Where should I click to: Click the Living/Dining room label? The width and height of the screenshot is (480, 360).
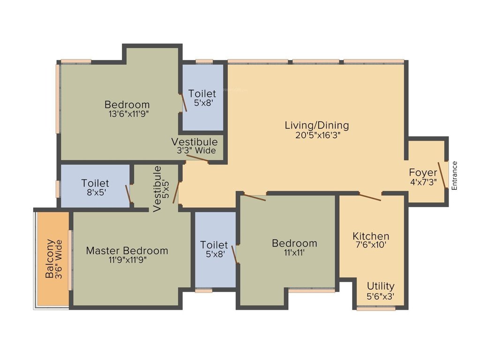pos(317,125)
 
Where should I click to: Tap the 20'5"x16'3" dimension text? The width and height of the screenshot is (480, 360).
pos(317,135)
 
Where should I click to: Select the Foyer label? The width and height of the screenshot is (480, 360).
pos(423,172)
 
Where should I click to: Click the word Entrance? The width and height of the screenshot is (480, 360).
pos(454,175)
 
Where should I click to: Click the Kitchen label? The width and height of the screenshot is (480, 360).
pos(371,236)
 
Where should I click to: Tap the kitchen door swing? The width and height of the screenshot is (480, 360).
pos(370,197)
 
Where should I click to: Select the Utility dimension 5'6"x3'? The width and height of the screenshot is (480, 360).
pos(380,296)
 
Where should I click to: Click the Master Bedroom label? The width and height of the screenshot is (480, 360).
pos(127,251)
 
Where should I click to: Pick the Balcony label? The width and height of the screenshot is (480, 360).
pos(50,259)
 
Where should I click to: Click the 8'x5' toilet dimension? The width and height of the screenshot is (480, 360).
pos(95,193)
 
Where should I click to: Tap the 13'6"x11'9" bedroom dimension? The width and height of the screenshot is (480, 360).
pos(127,113)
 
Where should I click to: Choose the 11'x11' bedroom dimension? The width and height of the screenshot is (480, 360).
pos(294,253)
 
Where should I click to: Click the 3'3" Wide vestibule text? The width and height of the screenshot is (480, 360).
pos(196,150)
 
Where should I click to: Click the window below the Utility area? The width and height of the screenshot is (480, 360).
pos(376,308)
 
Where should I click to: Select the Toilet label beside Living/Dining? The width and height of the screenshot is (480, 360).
pos(202,94)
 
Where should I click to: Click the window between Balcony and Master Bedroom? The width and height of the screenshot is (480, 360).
pos(70,260)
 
